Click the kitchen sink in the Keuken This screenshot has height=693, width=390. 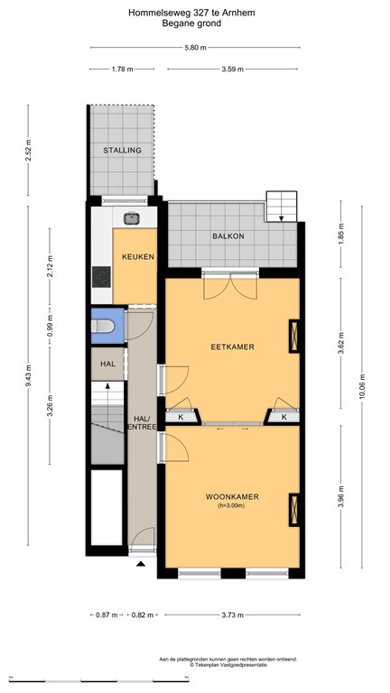(x=130, y=217)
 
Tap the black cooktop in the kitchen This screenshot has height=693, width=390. (x=101, y=277)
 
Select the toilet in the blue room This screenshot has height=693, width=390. (x=103, y=326)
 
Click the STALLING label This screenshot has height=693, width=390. (x=122, y=151)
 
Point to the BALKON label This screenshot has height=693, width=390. (x=228, y=236)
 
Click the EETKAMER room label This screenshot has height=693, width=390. (x=233, y=346)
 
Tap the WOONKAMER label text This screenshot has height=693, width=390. (x=232, y=497)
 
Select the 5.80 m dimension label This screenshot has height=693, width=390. (x=195, y=48)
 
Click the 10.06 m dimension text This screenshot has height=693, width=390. (x=362, y=387)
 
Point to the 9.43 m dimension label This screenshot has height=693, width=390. (x=28, y=375)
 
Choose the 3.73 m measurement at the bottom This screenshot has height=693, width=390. (x=233, y=614)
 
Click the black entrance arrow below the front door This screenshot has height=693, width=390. (x=141, y=563)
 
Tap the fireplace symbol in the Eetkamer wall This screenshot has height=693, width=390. (x=294, y=336)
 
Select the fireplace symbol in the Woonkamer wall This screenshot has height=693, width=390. (x=294, y=510)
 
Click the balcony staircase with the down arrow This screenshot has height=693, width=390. (x=282, y=207)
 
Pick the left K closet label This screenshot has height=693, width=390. (x=181, y=417)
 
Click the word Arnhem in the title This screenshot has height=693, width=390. (x=240, y=14)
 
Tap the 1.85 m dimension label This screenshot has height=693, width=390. (x=341, y=235)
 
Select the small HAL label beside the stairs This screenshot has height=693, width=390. (x=108, y=365)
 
